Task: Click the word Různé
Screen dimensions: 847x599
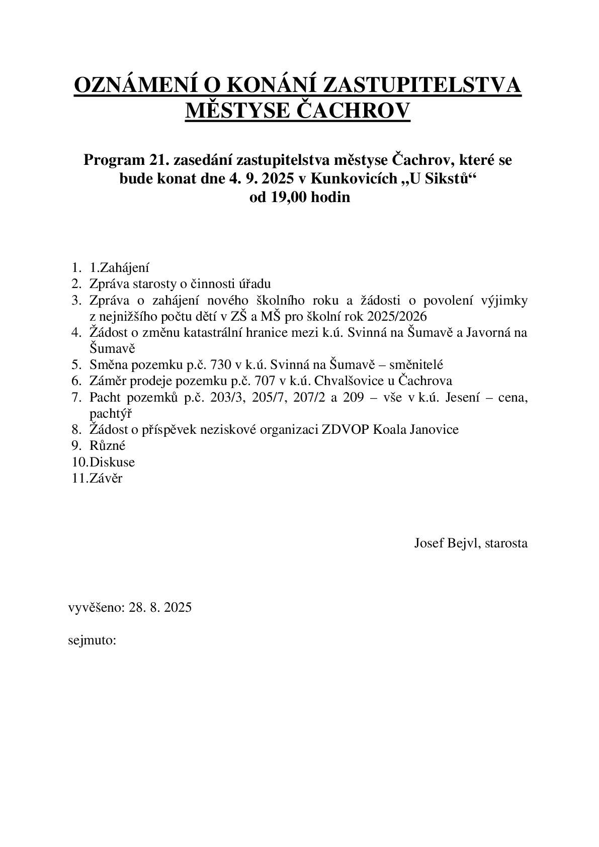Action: pos(107,446)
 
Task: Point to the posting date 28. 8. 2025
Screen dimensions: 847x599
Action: pos(160,607)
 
